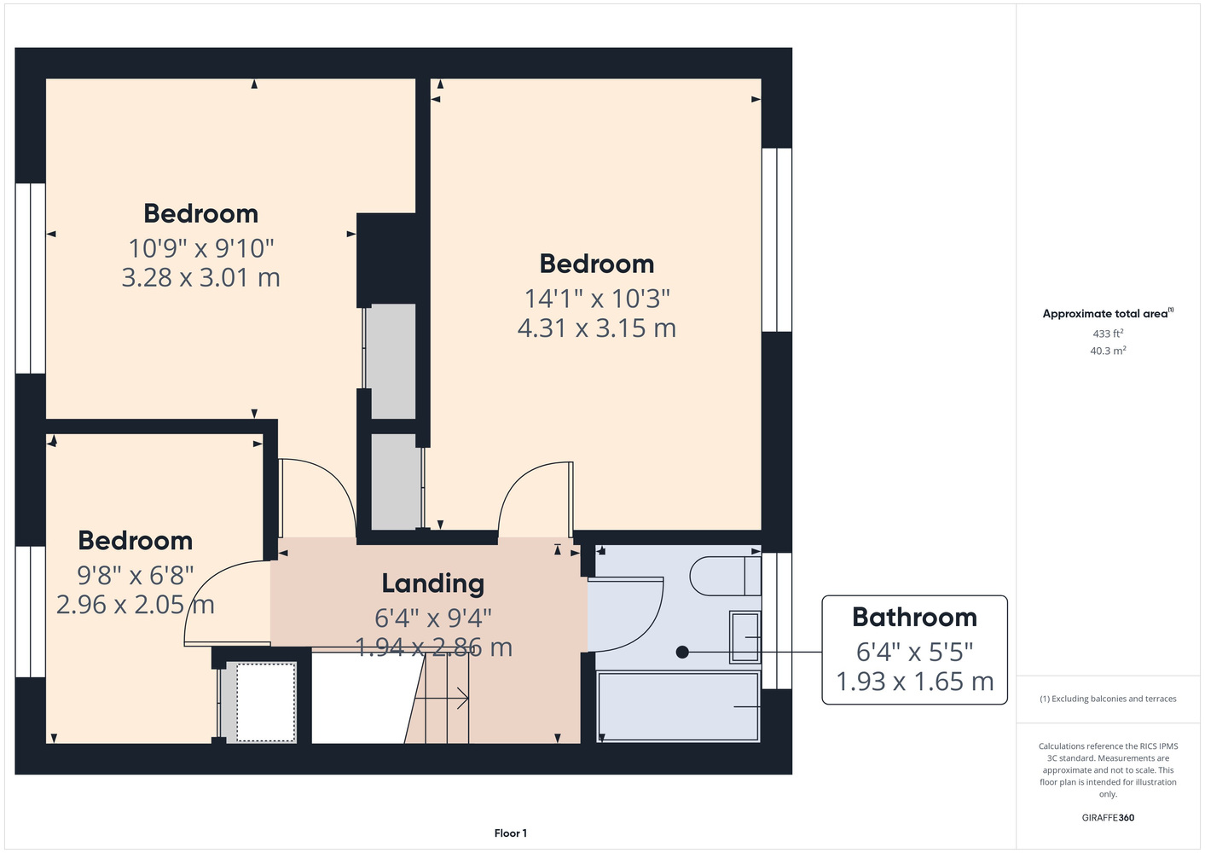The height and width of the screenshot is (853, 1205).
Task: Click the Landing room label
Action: click(433, 584)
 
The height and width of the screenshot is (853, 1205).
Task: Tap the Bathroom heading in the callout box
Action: click(914, 618)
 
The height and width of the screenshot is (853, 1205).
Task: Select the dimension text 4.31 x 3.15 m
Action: click(597, 328)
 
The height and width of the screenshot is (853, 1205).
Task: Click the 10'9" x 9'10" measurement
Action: click(201, 248)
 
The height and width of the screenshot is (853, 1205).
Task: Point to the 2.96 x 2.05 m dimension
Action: click(136, 605)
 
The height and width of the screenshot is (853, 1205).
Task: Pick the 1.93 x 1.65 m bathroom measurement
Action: click(914, 682)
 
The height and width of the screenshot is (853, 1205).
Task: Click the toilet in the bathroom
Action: click(725, 575)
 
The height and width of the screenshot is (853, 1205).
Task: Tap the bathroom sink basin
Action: click(745, 636)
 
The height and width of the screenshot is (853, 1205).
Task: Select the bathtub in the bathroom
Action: click(678, 706)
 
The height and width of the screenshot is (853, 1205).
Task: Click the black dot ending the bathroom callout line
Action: click(682, 653)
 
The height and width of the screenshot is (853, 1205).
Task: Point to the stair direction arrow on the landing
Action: click(441, 699)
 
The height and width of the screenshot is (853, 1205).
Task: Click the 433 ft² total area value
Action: click(1108, 334)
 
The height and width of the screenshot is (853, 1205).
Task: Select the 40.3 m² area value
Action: click(1108, 351)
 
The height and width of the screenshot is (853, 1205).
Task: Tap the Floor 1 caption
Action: click(511, 833)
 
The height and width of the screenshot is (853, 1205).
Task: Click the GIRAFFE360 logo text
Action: click(1108, 817)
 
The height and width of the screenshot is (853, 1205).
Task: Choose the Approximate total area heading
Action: click(1108, 313)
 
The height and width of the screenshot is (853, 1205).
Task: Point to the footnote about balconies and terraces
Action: click(1108, 699)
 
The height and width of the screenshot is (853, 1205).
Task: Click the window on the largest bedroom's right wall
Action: click(777, 240)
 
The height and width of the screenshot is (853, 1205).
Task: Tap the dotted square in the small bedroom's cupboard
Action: click(266, 702)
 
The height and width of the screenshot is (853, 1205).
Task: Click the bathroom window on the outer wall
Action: click(777, 620)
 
